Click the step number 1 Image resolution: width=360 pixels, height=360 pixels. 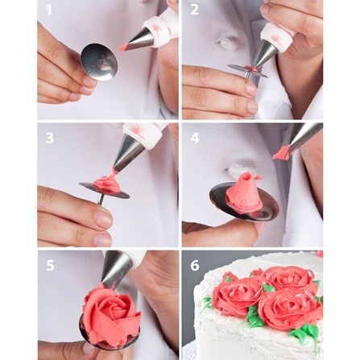point(48,10)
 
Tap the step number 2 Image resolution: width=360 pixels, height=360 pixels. point(194,10)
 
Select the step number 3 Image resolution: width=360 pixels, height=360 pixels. point(50,139)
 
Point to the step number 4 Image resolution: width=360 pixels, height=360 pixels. point(195,138)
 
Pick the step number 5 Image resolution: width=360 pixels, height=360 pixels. point(50,265)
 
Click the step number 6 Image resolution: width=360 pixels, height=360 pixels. point(195,265)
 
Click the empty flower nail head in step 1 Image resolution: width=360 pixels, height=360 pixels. point(98,62)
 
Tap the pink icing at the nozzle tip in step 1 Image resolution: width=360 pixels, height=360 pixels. point(124,48)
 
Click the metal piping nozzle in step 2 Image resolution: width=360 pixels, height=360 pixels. point(267,55)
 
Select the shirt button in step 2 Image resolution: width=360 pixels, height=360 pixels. point(225,42)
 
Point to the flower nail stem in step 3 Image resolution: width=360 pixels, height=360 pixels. point(101,199)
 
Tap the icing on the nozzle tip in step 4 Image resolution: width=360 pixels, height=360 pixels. point(281,152)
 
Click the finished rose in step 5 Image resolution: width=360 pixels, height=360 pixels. point(111,317)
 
